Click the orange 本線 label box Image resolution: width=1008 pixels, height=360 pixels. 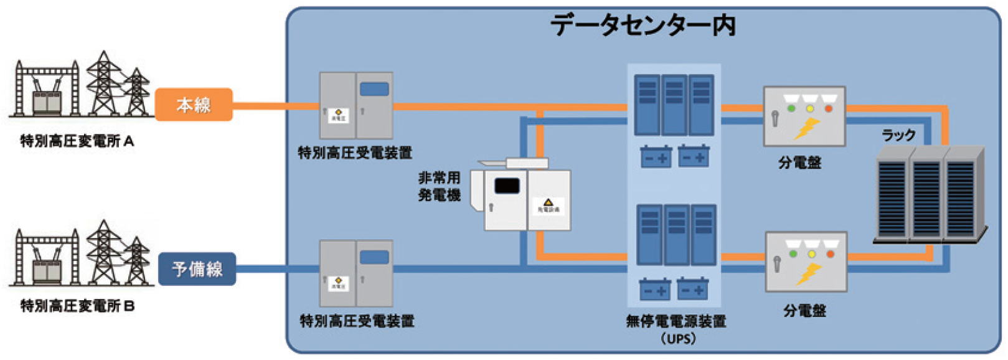click(x=193, y=105)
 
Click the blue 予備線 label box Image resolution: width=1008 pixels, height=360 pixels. click(x=197, y=269)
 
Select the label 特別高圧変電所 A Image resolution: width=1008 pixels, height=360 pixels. click(x=77, y=141)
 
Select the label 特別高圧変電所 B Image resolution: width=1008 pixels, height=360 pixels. click(x=77, y=306)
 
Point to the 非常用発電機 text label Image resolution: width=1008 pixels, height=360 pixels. click(x=440, y=186)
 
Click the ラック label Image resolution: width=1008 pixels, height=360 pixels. click(x=898, y=135)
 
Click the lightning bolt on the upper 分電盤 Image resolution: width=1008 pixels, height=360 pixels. click(x=807, y=129)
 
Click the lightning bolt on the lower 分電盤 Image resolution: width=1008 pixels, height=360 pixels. click(x=809, y=273)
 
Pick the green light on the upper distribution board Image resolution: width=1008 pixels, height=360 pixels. click(x=791, y=109)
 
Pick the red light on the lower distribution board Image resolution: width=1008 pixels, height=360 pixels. click(x=830, y=254)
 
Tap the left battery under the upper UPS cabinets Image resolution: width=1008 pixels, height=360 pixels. click(x=656, y=157)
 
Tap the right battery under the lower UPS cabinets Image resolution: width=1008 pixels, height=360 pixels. click(x=692, y=289)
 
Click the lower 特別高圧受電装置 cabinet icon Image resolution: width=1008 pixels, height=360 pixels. click(x=356, y=273)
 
